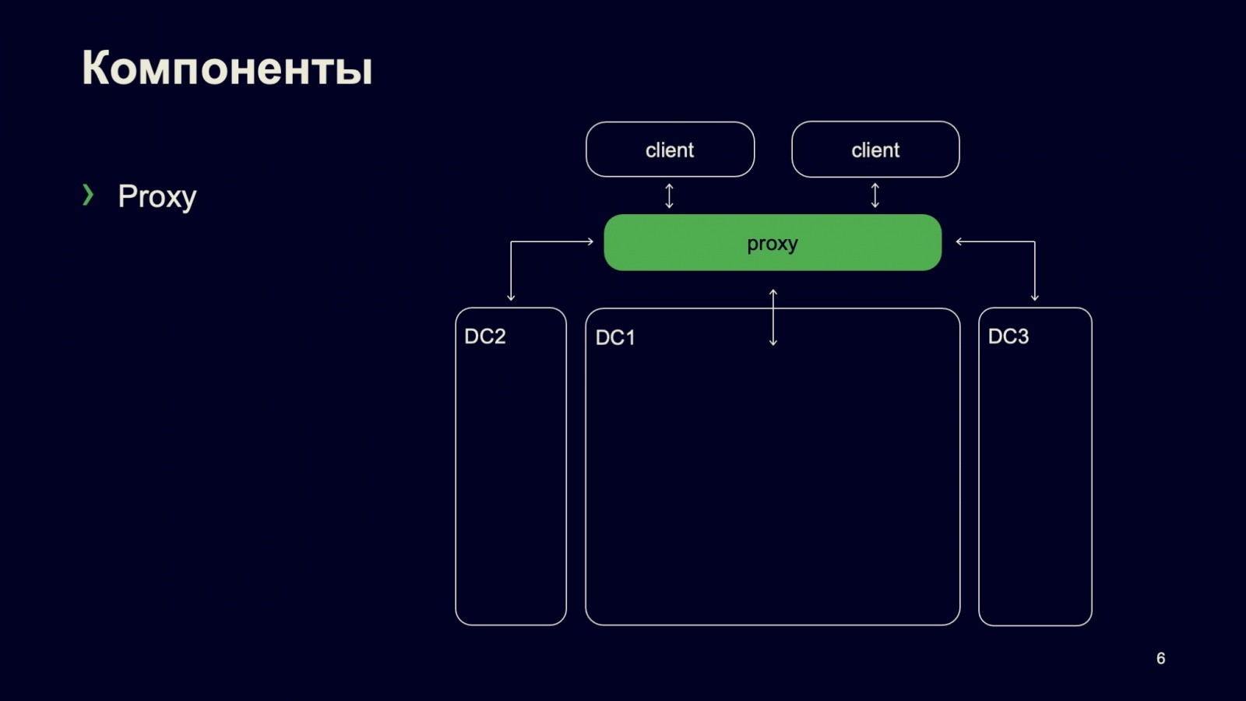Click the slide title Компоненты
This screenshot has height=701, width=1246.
227,68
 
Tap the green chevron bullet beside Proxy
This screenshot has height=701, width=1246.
88,195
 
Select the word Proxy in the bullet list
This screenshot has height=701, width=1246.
157,196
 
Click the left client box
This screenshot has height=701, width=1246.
670,150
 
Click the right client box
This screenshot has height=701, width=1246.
875,150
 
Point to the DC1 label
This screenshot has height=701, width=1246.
615,337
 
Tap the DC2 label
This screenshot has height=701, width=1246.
485,336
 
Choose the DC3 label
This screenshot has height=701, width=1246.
1008,336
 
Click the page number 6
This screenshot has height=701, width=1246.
1160,659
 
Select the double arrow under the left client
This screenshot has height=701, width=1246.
669,196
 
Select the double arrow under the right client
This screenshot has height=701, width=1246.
875,196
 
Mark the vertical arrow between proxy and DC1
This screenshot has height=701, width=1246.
773,317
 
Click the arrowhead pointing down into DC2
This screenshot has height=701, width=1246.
511,297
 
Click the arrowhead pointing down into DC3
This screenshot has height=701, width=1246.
1035,297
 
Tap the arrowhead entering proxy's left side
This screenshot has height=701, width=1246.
590,241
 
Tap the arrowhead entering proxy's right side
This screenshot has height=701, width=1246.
959,241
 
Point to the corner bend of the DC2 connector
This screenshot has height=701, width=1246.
511,241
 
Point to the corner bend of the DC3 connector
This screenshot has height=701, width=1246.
1035,241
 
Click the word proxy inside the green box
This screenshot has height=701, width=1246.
772,244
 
